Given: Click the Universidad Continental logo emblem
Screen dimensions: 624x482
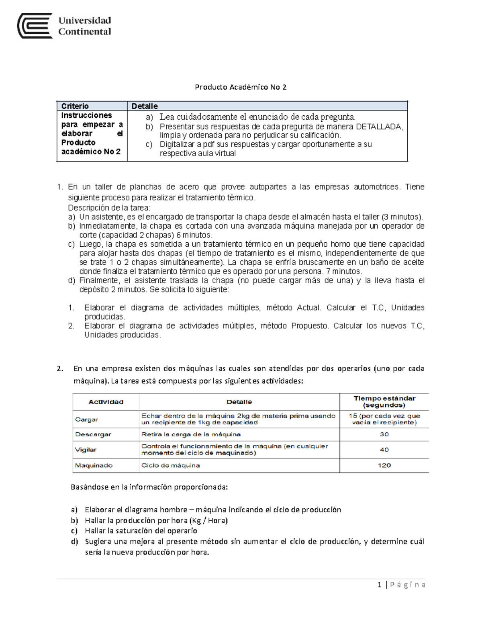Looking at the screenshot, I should coord(35,26).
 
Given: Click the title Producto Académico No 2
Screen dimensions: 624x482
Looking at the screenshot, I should coord(240,87).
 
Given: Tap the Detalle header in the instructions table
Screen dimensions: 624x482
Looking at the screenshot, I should coord(145,106).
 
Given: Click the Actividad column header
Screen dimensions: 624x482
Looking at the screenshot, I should coord(106,402).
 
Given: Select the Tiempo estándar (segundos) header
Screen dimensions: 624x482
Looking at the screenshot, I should coord(384,401).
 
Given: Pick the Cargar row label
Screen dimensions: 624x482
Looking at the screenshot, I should coord(86,419).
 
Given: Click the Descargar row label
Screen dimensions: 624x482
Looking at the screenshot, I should coord(93,434).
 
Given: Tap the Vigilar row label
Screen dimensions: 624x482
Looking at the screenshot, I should coord(86,450).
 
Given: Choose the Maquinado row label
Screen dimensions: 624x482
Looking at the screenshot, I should coord(94,465).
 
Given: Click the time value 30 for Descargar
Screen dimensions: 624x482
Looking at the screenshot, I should coord(384,434).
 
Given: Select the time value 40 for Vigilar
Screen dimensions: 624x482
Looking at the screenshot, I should coord(384,450).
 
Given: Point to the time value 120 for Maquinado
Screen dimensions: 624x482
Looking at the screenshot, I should coord(384,465).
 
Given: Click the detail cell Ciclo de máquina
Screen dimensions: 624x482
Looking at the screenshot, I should coord(170,465).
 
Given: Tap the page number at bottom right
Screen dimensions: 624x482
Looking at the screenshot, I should coord(380,585).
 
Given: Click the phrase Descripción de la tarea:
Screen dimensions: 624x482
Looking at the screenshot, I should coord(109,208).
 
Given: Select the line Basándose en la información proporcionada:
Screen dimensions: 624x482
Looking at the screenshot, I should coord(149,487).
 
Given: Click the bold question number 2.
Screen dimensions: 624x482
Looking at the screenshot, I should coord(60,368).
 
